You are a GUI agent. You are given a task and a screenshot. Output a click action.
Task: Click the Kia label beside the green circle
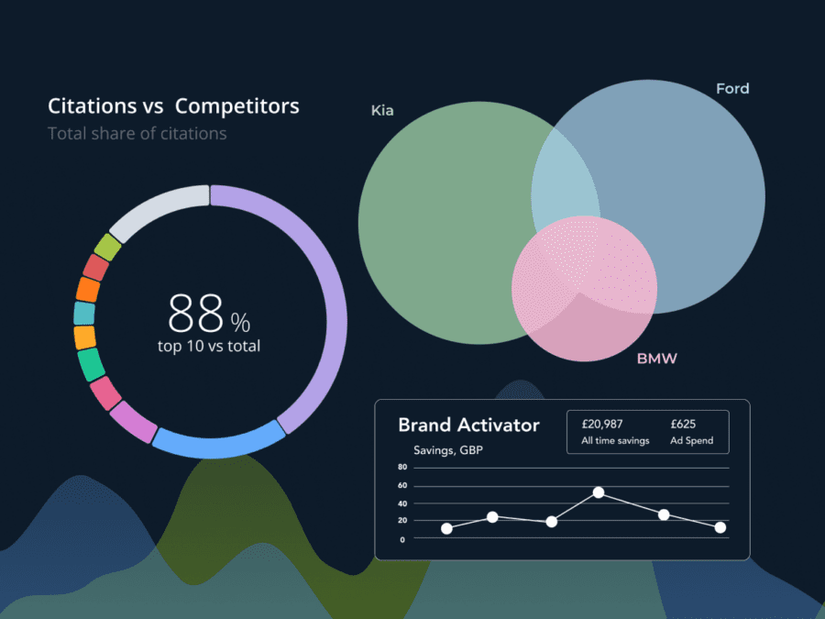[x=382, y=111]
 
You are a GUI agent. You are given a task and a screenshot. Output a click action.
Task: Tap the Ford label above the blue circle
[x=732, y=89]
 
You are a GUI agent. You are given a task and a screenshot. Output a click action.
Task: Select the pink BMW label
[x=657, y=359]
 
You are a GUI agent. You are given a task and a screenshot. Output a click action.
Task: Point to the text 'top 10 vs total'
[x=209, y=346]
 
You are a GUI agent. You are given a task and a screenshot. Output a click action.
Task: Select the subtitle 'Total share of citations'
[x=137, y=134]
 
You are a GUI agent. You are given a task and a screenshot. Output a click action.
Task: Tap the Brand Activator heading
[x=468, y=426]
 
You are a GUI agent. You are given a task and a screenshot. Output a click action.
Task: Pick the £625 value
[x=684, y=424]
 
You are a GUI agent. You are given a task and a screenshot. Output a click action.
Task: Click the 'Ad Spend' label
[x=691, y=441]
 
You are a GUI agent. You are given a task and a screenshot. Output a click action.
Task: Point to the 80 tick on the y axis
[x=402, y=468]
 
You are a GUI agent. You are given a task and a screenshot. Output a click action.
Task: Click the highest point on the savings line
[x=599, y=492]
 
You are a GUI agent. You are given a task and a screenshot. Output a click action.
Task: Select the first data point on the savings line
[x=446, y=528]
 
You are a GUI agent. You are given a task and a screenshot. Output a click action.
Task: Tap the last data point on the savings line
[x=720, y=527]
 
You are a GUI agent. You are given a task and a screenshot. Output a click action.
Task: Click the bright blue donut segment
[x=218, y=441]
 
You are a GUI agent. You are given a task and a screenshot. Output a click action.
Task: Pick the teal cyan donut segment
[x=84, y=314]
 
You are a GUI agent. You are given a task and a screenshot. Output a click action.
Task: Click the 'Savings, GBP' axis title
[x=448, y=450]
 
